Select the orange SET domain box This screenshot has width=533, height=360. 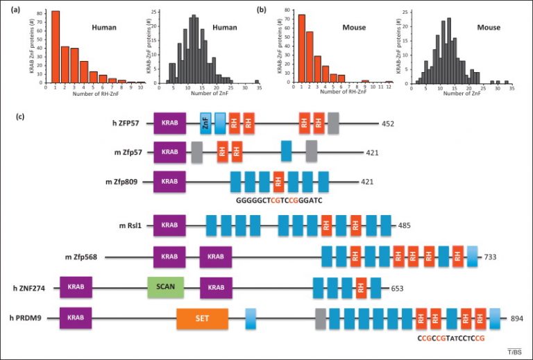click(202, 318)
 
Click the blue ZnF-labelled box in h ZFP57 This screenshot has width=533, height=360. click(205, 123)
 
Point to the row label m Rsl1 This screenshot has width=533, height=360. click(131, 226)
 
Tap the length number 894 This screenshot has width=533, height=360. click(516, 318)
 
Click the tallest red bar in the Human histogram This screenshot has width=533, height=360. click(55, 47)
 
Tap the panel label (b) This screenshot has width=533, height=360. click(271, 11)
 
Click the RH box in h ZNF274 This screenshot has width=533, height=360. click(361, 287)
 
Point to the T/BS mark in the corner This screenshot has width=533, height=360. click(514, 352)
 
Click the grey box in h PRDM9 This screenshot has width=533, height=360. click(320, 318)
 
